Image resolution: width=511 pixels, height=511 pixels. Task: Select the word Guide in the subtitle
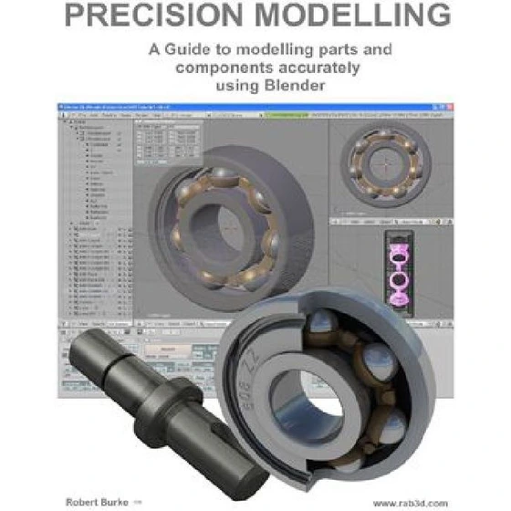[x=188, y=51]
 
